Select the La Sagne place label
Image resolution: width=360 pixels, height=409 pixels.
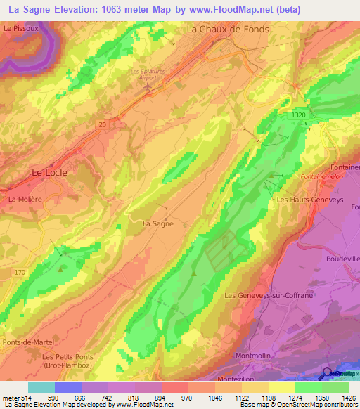coord(157,224)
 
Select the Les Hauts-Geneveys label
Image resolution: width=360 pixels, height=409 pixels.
coord(304,200)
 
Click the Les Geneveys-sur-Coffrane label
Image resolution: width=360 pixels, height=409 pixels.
coord(268,296)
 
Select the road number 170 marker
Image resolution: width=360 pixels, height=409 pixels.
coord(19,272)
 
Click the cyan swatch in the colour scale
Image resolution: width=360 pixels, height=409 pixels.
coord(41,387)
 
